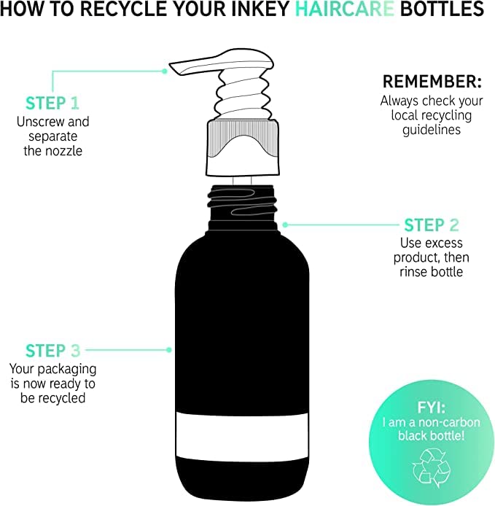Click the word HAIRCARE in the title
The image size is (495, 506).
click(345, 9)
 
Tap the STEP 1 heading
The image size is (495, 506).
click(52, 104)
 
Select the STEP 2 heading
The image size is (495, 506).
click(432, 225)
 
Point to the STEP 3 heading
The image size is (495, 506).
click(53, 351)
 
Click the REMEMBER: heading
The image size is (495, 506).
click(432, 82)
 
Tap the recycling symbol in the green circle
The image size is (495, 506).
click(431, 469)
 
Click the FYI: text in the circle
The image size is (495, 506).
click(431, 408)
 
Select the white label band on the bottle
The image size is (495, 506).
click(242, 436)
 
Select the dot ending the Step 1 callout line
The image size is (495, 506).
click(165, 71)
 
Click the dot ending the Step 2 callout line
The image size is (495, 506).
click(285, 225)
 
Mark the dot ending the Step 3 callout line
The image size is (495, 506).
click(168, 350)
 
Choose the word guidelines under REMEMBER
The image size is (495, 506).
click(432, 130)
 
